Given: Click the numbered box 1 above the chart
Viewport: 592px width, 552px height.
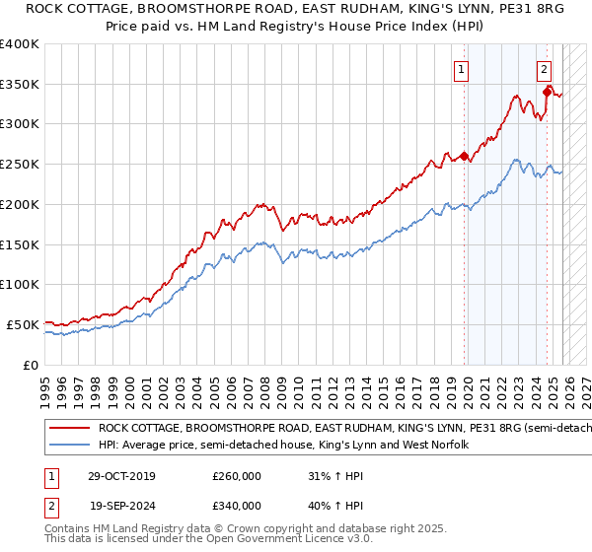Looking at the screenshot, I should point(462,69).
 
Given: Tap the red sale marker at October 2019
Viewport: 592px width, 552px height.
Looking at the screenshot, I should point(464,155).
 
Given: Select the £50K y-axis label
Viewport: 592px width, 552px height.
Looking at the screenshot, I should point(23,324).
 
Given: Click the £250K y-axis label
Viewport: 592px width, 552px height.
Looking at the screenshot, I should point(20,165).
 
